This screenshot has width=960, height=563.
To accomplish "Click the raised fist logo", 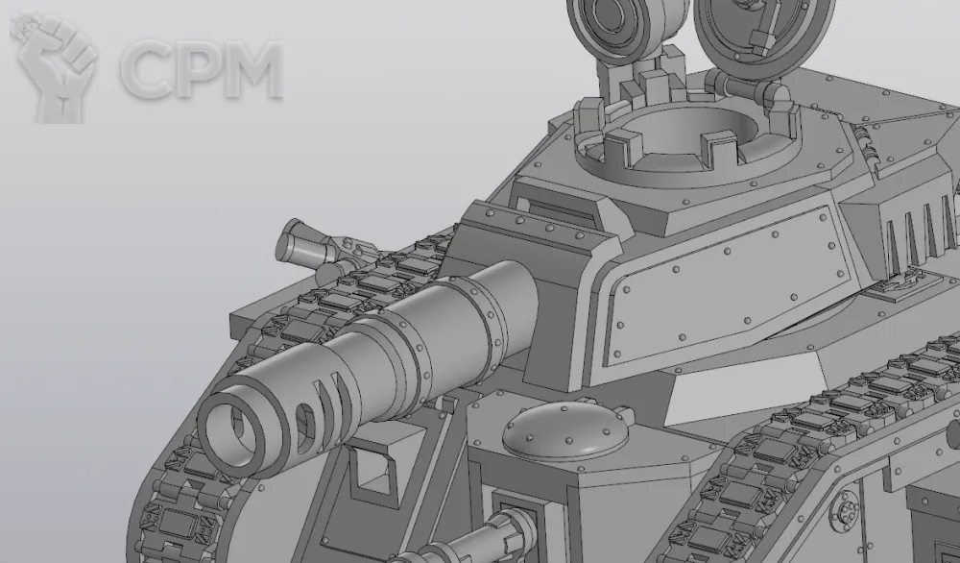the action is [54, 67].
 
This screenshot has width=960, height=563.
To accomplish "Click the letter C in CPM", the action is [147, 68].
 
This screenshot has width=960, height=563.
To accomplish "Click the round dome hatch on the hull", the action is [566, 430].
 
